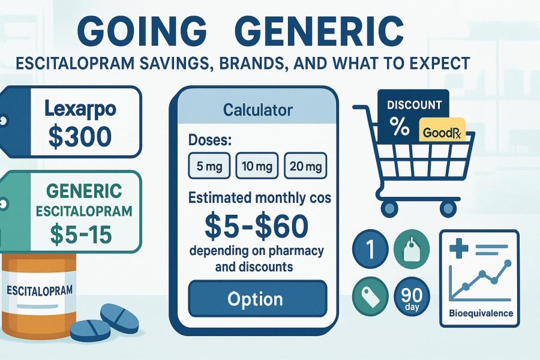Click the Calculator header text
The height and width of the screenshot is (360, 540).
(x=257, y=110)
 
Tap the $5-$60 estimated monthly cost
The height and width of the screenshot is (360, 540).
(x=257, y=225)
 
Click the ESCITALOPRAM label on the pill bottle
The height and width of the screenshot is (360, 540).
(x=39, y=290)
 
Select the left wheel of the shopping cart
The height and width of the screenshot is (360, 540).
(x=389, y=208)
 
